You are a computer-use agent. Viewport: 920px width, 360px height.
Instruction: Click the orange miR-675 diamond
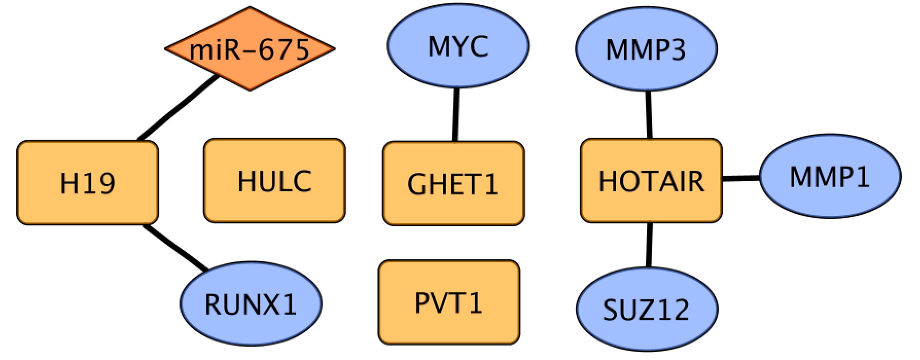[x=250, y=49]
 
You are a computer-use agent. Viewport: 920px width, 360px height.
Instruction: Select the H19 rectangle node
[x=87, y=182]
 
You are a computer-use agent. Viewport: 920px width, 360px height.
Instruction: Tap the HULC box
[x=274, y=181]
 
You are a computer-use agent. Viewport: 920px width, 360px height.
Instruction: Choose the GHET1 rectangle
[x=453, y=183]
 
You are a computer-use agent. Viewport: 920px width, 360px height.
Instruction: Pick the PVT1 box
[x=449, y=302]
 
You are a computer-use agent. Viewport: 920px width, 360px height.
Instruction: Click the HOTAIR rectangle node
[x=651, y=181]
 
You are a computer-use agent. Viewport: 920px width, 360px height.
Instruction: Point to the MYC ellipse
[x=458, y=46]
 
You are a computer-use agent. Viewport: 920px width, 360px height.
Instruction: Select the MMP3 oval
[x=646, y=49]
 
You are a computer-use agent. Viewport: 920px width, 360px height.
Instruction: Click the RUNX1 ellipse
[x=251, y=303]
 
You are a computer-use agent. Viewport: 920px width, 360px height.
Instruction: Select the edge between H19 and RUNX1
[x=176, y=248]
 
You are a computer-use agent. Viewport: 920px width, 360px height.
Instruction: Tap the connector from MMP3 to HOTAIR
[x=648, y=114]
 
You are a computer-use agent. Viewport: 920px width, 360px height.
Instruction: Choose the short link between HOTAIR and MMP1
[x=741, y=178]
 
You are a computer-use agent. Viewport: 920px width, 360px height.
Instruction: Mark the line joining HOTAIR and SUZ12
[x=649, y=245]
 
